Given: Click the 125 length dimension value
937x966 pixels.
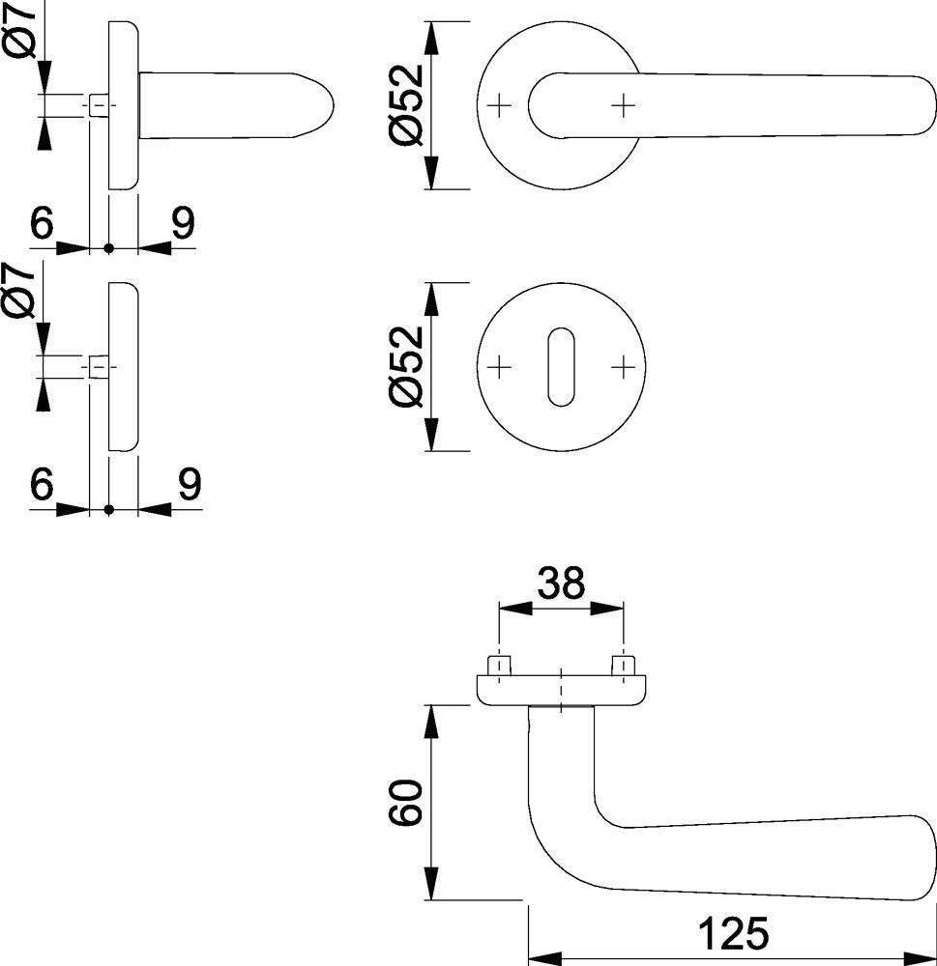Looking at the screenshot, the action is pos(733,933).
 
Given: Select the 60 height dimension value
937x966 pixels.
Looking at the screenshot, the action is pos(406,802).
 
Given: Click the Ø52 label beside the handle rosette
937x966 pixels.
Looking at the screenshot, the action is pos(406,104).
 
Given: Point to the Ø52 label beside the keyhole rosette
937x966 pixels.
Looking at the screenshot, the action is pos(406,366).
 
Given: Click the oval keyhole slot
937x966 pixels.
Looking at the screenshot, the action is pos(561,367).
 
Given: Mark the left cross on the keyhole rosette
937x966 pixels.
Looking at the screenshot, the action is pos(499,368).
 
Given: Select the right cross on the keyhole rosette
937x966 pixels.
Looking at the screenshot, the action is pos(623,368).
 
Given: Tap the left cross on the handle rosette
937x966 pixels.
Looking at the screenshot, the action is pos(499,106).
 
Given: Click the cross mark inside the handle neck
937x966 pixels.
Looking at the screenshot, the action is pos(623,106).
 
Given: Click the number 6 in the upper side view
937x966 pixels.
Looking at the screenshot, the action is pos(42,222).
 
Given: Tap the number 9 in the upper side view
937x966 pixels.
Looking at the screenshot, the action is pos(183,222).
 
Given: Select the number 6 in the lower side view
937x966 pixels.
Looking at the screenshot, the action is pos(42,484).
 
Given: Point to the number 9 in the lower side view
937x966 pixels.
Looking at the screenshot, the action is pos(190,484).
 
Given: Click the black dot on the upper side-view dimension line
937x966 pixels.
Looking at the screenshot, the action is pos(109,248).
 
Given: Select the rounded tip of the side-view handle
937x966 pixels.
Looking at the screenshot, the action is pos(318,104).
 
